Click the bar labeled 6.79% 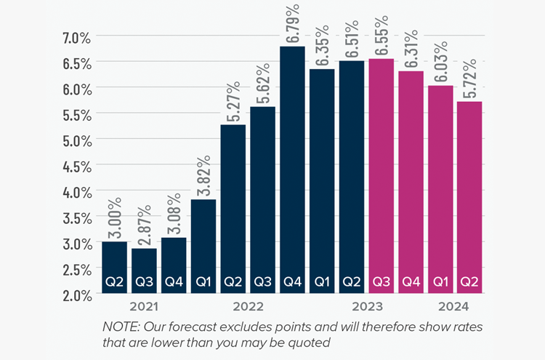(x=292, y=167)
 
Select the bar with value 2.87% (x=144, y=269)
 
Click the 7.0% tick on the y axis (x=76, y=36)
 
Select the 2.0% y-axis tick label (x=76, y=295)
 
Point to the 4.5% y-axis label (x=76, y=165)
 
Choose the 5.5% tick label (x=76, y=114)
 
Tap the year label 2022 (x=248, y=306)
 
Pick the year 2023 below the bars (x=366, y=306)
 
